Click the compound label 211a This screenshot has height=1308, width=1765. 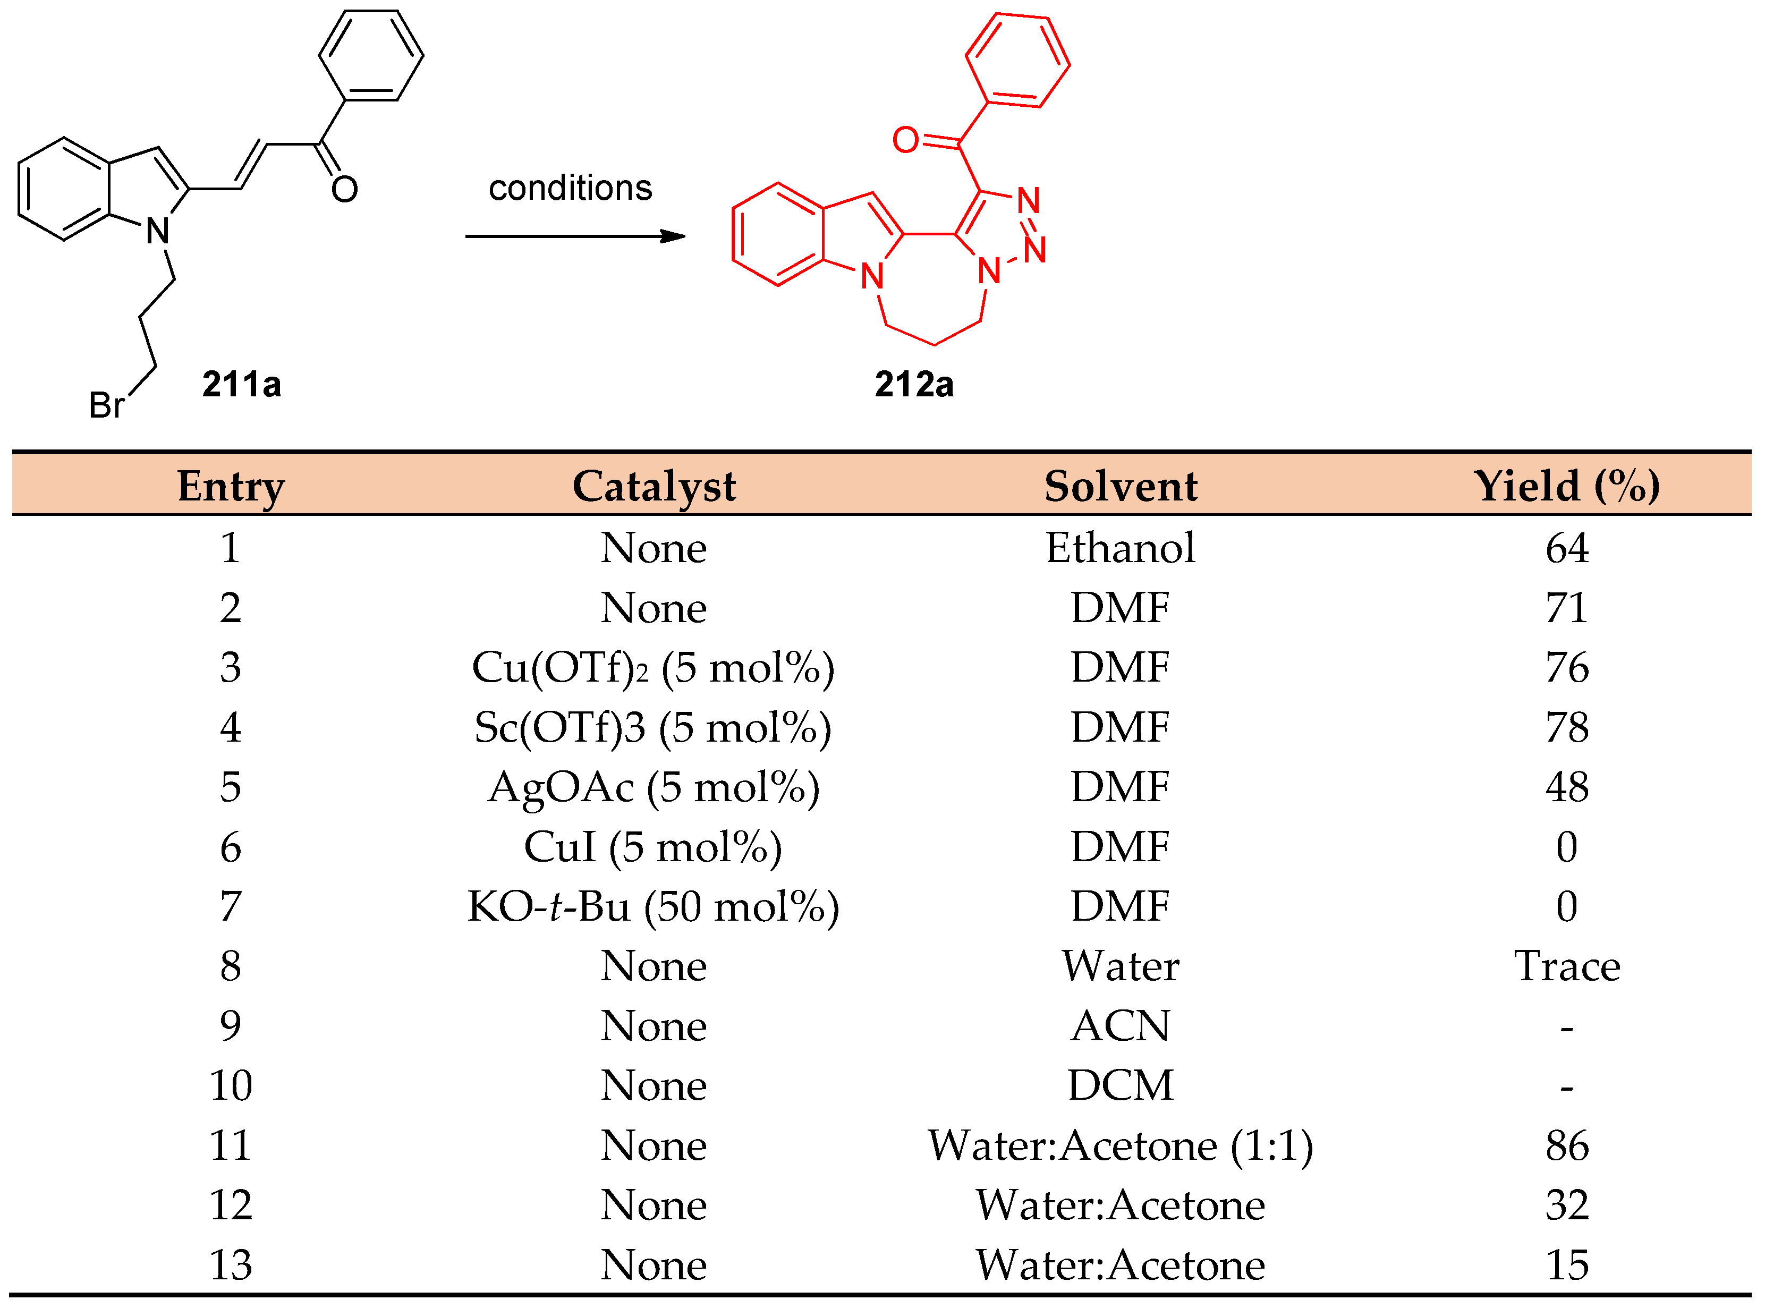coord(242,385)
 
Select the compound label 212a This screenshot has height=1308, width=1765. coord(914,385)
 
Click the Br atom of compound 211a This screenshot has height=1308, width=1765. coord(106,405)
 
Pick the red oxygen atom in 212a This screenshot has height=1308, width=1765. coord(905,140)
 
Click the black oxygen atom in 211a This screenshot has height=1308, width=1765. coord(344,189)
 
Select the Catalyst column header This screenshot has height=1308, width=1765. coord(654,486)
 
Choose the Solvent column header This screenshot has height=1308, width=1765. coord(1121,486)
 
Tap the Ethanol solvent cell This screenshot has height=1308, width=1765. coord(1121,548)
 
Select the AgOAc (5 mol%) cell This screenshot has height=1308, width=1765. coord(654,787)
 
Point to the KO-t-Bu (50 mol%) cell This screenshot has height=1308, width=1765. coord(654,906)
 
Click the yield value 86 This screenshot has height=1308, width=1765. coord(1566,1145)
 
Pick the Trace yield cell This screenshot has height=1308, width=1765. coord(1566,966)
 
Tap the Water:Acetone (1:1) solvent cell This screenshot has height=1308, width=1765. coord(1121,1145)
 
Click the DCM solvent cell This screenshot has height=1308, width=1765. coord(1121,1085)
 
